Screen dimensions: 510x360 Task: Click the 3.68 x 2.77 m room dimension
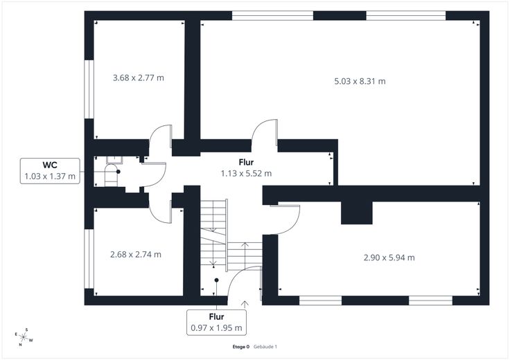138,78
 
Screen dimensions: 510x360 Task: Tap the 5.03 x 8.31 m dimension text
360,81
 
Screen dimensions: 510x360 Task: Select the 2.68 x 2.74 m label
136,254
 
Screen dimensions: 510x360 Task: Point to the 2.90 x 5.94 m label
389,258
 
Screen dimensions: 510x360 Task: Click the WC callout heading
50,165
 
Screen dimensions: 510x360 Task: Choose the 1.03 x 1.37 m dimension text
50,177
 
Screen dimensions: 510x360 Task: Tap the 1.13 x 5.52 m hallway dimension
246,174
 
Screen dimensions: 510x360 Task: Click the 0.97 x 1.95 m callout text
216,328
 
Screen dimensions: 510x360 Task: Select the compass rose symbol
24,337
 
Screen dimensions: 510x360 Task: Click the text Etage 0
241,347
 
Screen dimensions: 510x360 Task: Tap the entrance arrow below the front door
245,304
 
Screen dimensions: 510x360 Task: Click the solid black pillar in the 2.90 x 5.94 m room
356,213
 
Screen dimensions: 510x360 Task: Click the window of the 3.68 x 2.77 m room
89,89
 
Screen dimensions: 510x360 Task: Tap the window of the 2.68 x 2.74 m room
89,259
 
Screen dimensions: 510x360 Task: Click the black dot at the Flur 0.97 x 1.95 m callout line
217,280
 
